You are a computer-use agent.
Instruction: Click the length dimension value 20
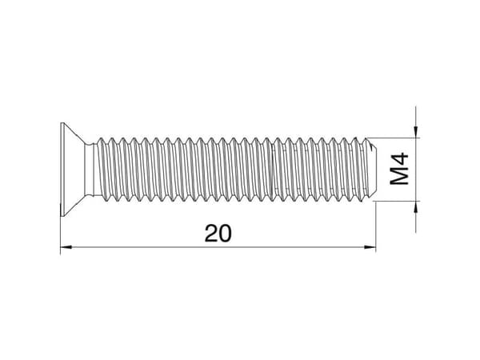[x=218, y=234]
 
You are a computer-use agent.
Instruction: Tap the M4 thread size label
[x=399, y=169]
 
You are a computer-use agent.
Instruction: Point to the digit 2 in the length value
[x=211, y=234]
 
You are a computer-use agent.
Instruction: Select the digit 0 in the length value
[x=225, y=234]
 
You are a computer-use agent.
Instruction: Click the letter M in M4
[x=399, y=176]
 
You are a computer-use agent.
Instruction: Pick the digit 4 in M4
[x=399, y=159]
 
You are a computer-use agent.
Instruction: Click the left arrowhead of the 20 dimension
[x=66, y=247]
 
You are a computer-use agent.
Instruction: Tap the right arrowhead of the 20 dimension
[x=370, y=247]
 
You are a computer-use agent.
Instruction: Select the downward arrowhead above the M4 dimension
[x=415, y=132]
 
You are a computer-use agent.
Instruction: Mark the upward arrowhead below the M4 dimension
[x=415, y=207]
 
